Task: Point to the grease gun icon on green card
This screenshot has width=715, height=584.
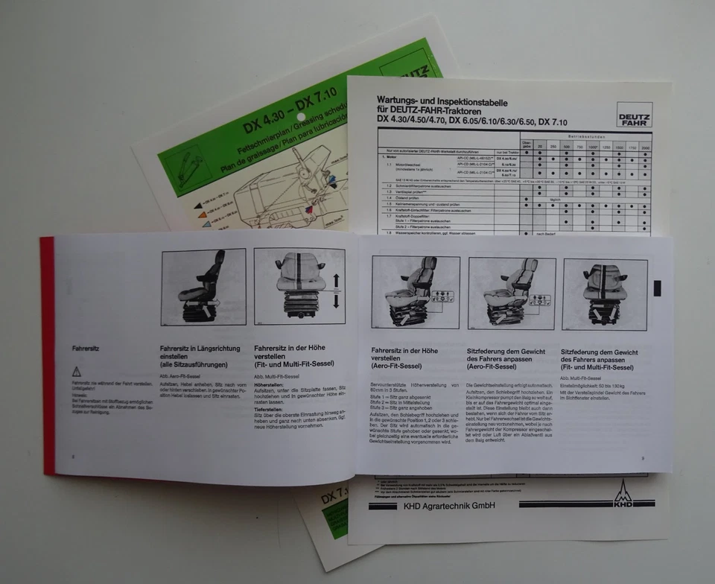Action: click(182, 167)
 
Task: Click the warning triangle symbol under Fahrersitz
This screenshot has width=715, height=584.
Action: click(76, 371)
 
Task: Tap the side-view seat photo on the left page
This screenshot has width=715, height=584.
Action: click(203, 287)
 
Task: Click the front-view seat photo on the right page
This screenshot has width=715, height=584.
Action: click(605, 294)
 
